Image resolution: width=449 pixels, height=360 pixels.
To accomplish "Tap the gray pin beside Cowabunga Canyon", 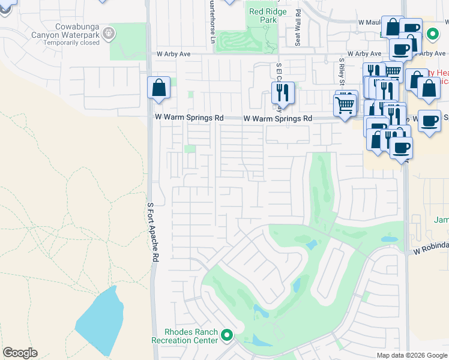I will [x=109, y=32].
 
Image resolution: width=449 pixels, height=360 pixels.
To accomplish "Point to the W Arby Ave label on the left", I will [x=173, y=54].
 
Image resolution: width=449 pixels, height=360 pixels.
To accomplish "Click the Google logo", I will [x=20, y=353].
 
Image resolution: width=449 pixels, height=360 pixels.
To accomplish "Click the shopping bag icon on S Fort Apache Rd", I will [x=158, y=88].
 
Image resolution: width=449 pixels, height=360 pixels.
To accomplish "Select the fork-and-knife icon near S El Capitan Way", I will [x=283, y=93].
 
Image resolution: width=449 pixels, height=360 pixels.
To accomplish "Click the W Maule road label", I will [x=370, y=22].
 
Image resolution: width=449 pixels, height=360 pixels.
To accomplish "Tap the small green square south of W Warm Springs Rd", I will [x=190, y=149].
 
